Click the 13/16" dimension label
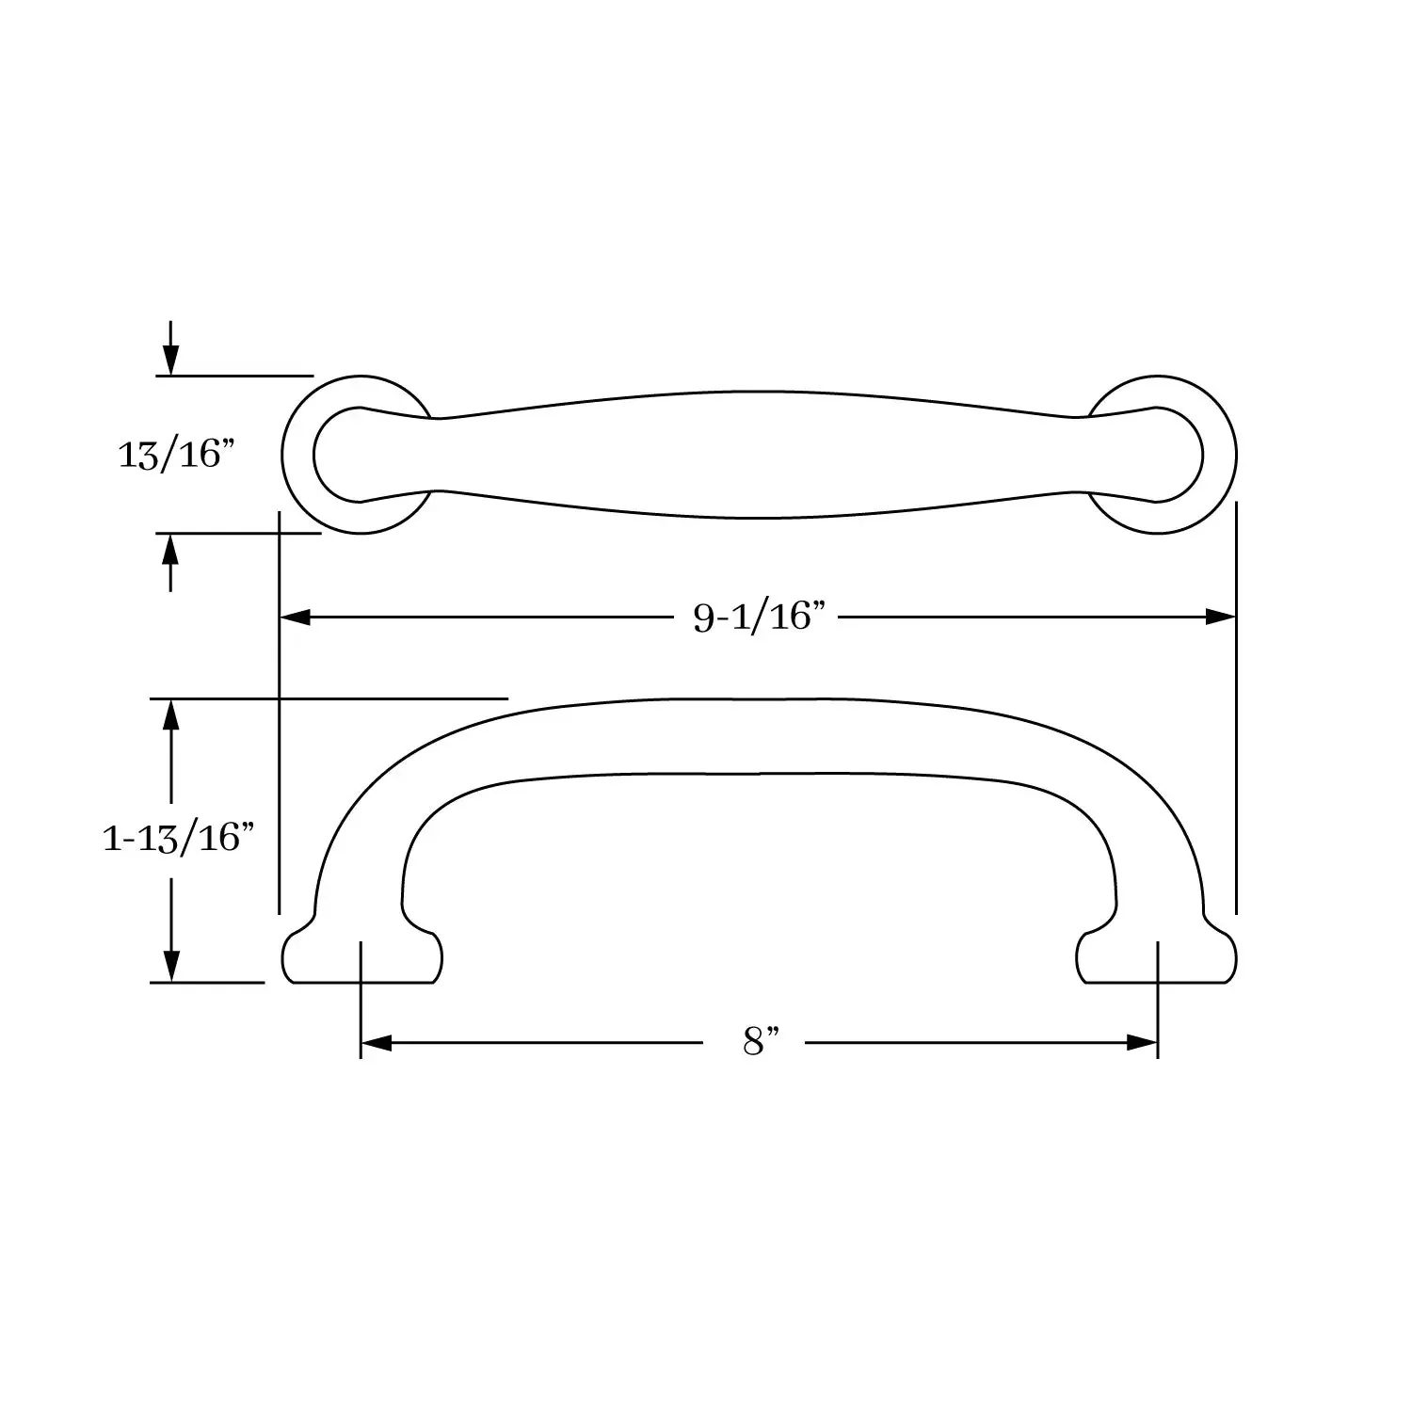pyautogui.click(x=175, y=455)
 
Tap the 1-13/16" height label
pyautogui.click(x=179, y=837)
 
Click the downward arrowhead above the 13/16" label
pyautogui.click(x=170, y=360)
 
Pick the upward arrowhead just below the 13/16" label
pyautogui.click(x=170, y=549)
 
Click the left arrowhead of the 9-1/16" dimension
pyautogui.click(x=297, y=618)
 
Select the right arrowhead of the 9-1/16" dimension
pyautogui.click(x=1220, y=618)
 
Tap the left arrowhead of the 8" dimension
pyautogui.click(x=377, y=1043)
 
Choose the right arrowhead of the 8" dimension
pyautogui.click(x=1142, y=1043)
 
